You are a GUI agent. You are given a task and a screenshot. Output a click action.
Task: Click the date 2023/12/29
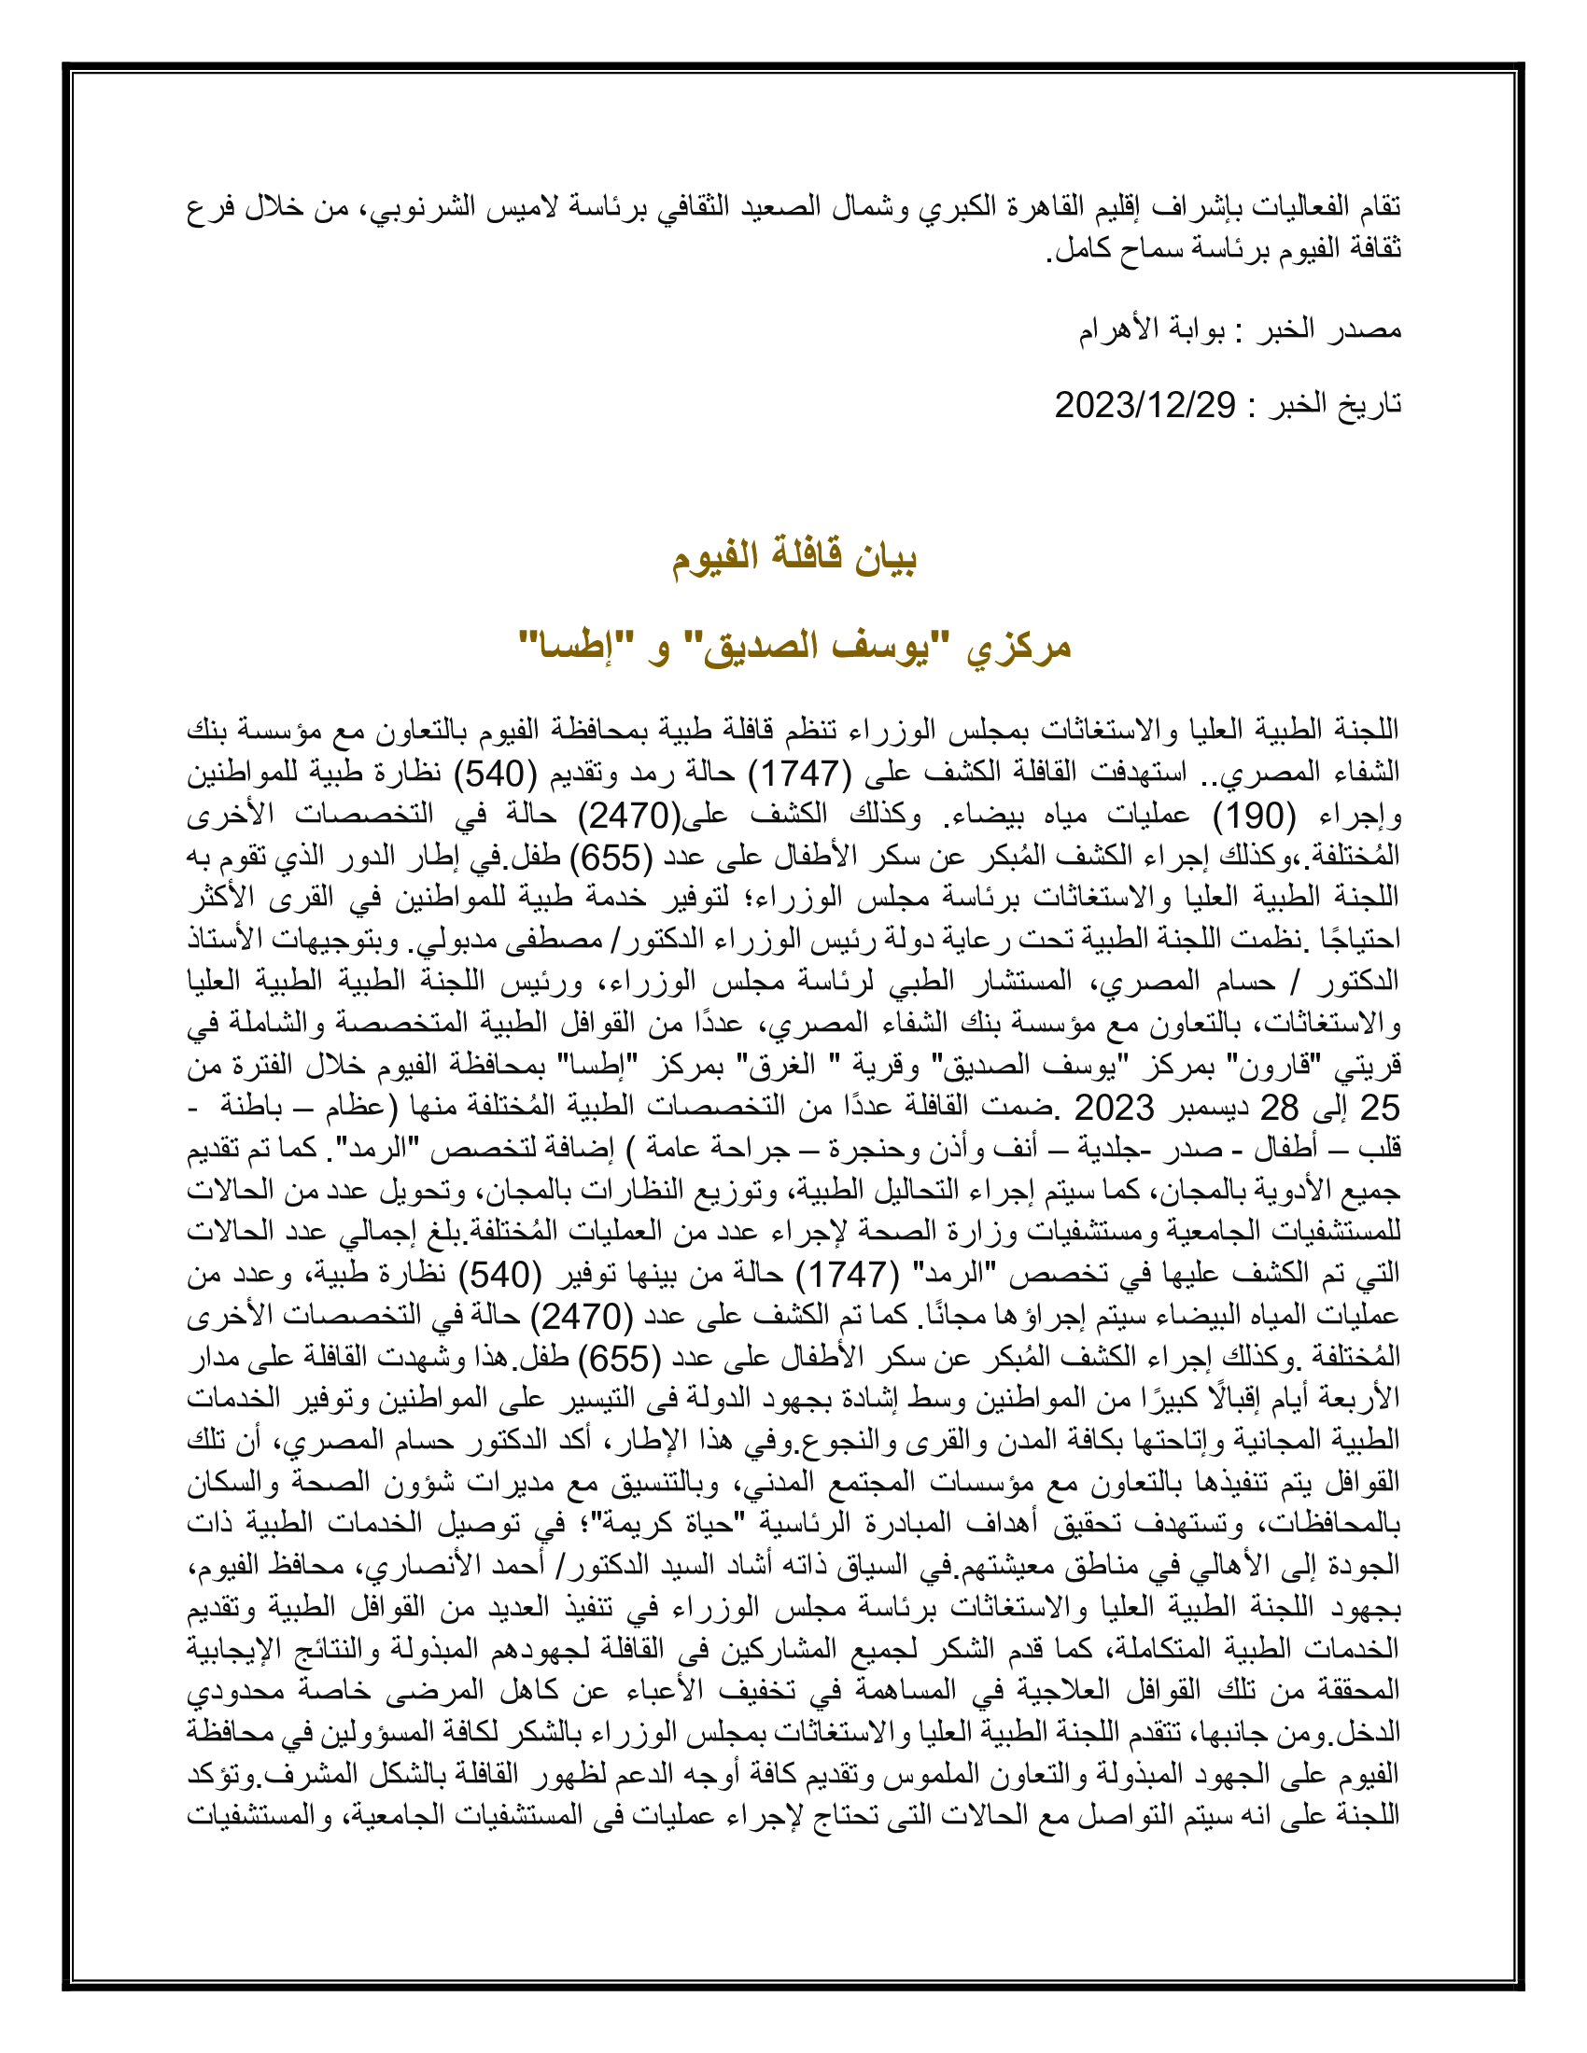[1145, 405]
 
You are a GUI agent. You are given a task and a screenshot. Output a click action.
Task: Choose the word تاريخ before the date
[1367, 405]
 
